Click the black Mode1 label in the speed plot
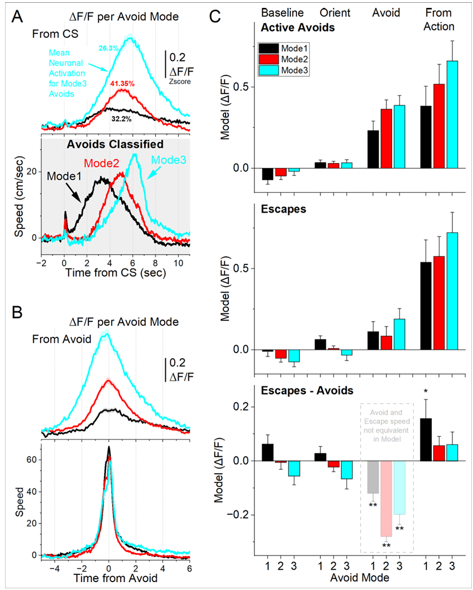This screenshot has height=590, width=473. (x=61, y=175)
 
